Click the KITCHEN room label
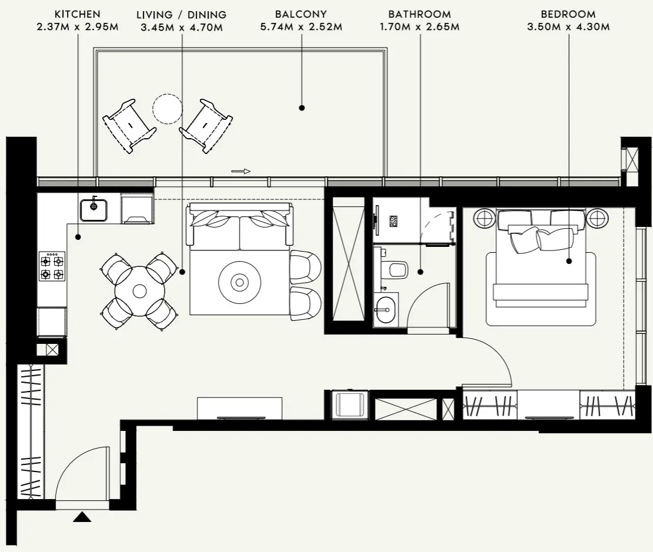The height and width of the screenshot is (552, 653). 77,14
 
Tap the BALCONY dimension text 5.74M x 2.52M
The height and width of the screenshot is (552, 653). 301,27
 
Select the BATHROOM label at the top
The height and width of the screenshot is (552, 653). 420,14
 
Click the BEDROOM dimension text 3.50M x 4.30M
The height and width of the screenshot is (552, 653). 568,27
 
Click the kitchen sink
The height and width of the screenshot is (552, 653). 94,209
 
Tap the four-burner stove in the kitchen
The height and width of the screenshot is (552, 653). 52,266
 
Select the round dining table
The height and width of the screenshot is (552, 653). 139,290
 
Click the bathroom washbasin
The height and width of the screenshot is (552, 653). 386,309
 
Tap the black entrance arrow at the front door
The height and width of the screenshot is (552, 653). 82,517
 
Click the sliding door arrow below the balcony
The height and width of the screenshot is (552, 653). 241,172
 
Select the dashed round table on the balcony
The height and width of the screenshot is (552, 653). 167,109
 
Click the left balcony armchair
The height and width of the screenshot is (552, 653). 129,125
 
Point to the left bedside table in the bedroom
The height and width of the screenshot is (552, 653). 485,219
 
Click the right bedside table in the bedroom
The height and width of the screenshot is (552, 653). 597,219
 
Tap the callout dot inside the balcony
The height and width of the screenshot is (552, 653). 302,108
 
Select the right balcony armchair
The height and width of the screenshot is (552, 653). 206,125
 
